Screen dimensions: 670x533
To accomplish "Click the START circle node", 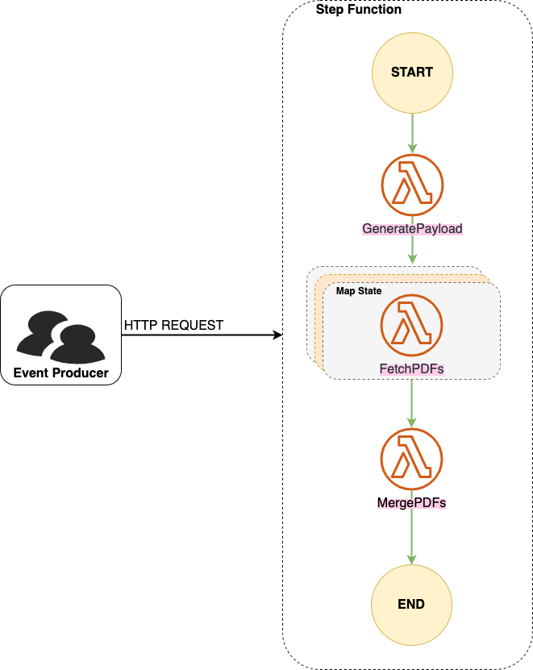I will click(412, 72).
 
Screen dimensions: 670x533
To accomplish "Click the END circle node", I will click(412, 604).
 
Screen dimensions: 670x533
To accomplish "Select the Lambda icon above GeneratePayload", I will click(412, 185).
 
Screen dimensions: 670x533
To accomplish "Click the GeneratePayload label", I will click(412, 229).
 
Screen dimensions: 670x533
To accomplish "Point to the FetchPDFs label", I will click(412, 369).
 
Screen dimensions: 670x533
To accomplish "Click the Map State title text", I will click(359, 290).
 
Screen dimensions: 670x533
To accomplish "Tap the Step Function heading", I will click(358, 10).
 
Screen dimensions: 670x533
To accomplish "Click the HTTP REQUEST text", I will click(173, 325).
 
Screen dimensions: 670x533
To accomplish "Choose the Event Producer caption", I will click(61, 372).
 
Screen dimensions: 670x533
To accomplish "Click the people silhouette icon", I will click(61, 335).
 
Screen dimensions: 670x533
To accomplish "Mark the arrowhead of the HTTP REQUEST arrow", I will click(277, 334).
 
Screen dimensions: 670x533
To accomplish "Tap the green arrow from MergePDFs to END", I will click(412, 536).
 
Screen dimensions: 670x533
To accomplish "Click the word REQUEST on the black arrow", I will click(194, 325).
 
